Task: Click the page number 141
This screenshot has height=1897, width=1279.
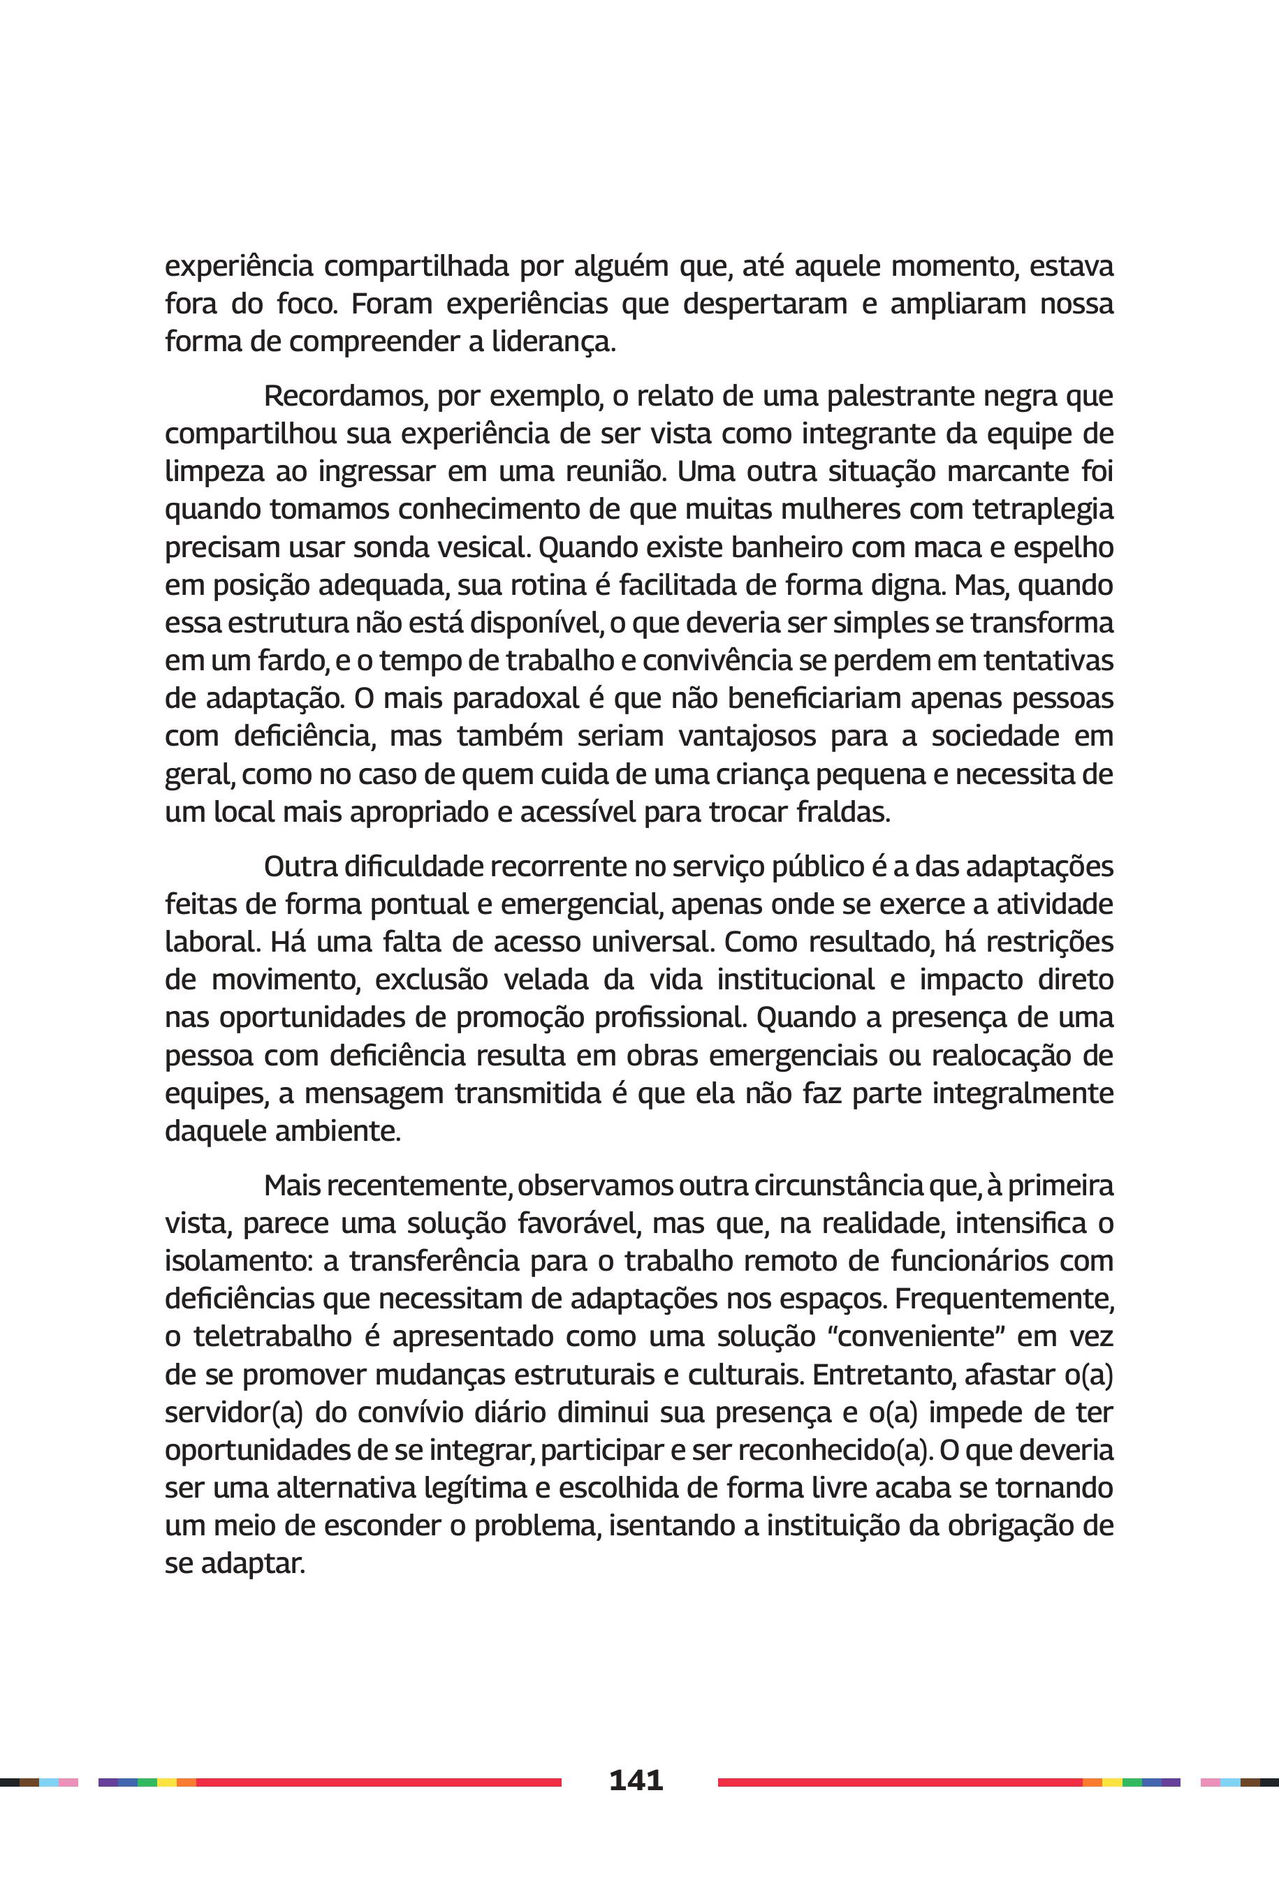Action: coord(636,1780)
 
